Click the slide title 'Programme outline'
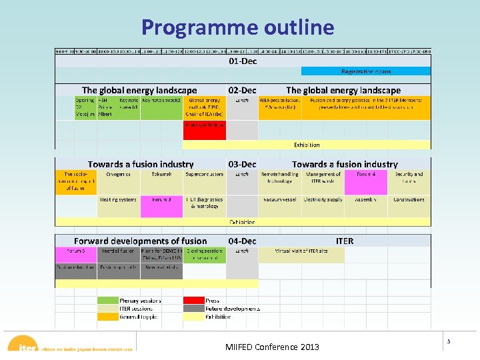pos(237,27)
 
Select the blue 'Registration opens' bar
pos(366,71)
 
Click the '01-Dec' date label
pos(243,61)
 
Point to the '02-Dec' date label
pos(242,90)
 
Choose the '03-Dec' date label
pos(242,164)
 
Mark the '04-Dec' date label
pos(242,241)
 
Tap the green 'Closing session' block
pos(204,255)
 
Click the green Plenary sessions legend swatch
pos(108,301)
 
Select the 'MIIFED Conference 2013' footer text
pos(272,347)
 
